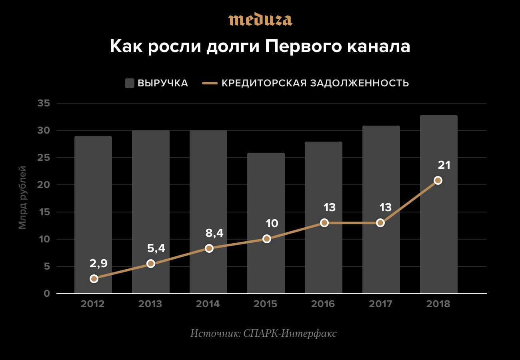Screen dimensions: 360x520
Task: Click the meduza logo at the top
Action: tap(260, 20)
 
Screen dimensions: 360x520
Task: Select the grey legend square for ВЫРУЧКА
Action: tap(129, 83)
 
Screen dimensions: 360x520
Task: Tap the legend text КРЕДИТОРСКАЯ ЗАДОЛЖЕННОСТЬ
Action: tap(315, 83)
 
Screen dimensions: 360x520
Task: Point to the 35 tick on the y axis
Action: tap(44, 104)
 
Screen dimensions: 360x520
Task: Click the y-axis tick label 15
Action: tap(44, 212)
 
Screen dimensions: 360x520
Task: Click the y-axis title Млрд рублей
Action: tap(22, 198)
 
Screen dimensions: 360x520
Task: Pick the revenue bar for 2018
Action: tap(439, 204)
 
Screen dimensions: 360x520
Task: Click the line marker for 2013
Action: tap(151, 264)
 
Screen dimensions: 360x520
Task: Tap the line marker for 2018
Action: tap(438, 180)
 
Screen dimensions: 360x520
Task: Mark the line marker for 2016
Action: tap(324, 223)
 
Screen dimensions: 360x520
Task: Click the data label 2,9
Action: tap(98, 263)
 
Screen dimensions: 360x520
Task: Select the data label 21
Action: tap(444, 165)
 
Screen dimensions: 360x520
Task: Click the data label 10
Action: tap(272, 223)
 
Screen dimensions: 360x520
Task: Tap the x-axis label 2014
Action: tap(208, 304)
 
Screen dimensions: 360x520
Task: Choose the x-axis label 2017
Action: tap(380, 304)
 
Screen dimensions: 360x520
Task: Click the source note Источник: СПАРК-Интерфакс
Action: tap(264, 333)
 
